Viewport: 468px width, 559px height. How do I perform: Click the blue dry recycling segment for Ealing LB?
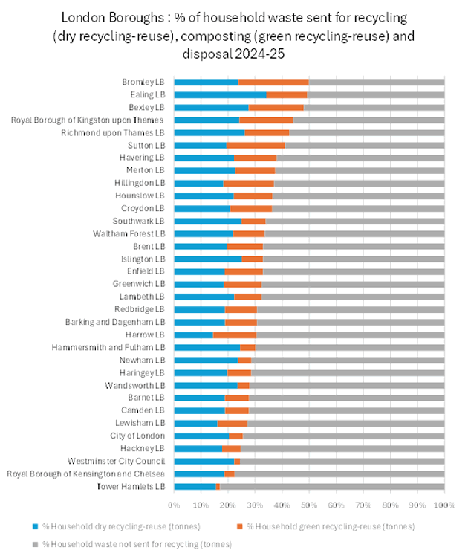pyautogui.click(x=220, y=95)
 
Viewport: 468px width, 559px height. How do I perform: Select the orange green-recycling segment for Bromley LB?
pyautogui.click(x=273, y=82)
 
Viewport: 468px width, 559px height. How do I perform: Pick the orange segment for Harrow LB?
pyautogui.click(x=235, y=335)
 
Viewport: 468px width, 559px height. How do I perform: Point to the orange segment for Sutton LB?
pyautogui.click(x=256, y=145)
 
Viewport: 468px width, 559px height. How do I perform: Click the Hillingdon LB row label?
pyautogui.click(x=140, y=183)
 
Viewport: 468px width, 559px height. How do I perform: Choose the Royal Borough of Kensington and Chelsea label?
pyautogui.click(x=86, y=474)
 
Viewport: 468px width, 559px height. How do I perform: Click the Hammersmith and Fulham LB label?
pyautogui.click(x=108, y=347)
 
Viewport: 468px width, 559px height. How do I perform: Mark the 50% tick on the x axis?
pyautogui.click(x=309, y=506)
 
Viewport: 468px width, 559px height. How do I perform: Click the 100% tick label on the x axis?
pyautogui.click(x=443, y=506)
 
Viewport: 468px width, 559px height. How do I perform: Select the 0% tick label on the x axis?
pyautogui.click(x=174, y=506)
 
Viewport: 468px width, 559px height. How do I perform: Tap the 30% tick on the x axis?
pyautogui.click(x=255, y=506)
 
